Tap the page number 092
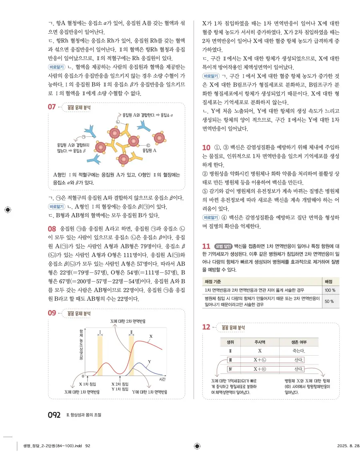(54, 415)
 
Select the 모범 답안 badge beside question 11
(223, 246)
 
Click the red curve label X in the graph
(151, 336)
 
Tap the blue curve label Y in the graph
(149, 361)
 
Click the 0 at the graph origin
(83, 376)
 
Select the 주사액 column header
(260, 342)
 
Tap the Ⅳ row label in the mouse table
(230, 369)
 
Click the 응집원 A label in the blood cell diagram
(150, 151)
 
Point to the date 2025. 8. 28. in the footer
(348, 445)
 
